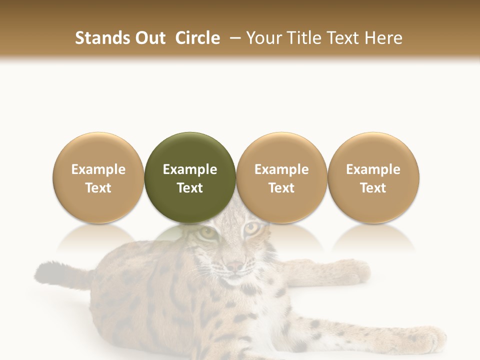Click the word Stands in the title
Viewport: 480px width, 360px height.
(x=97, y=38)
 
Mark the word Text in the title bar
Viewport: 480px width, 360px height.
(x=344, y=38)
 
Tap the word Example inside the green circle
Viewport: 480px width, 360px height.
(x=190, y=169)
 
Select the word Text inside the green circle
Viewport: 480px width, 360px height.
(x=190, y=188)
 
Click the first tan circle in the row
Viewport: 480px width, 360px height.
(x=98, y=177)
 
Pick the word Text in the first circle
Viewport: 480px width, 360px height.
(x=98, y=188)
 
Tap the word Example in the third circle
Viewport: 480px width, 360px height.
(x=281, y=169)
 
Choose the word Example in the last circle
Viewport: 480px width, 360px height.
(x=373, y=169)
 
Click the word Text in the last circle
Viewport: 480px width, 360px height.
(x=373, y=188)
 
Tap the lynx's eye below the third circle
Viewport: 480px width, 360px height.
(x=251, y=228)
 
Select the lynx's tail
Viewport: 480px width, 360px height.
(x=60, y=275)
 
